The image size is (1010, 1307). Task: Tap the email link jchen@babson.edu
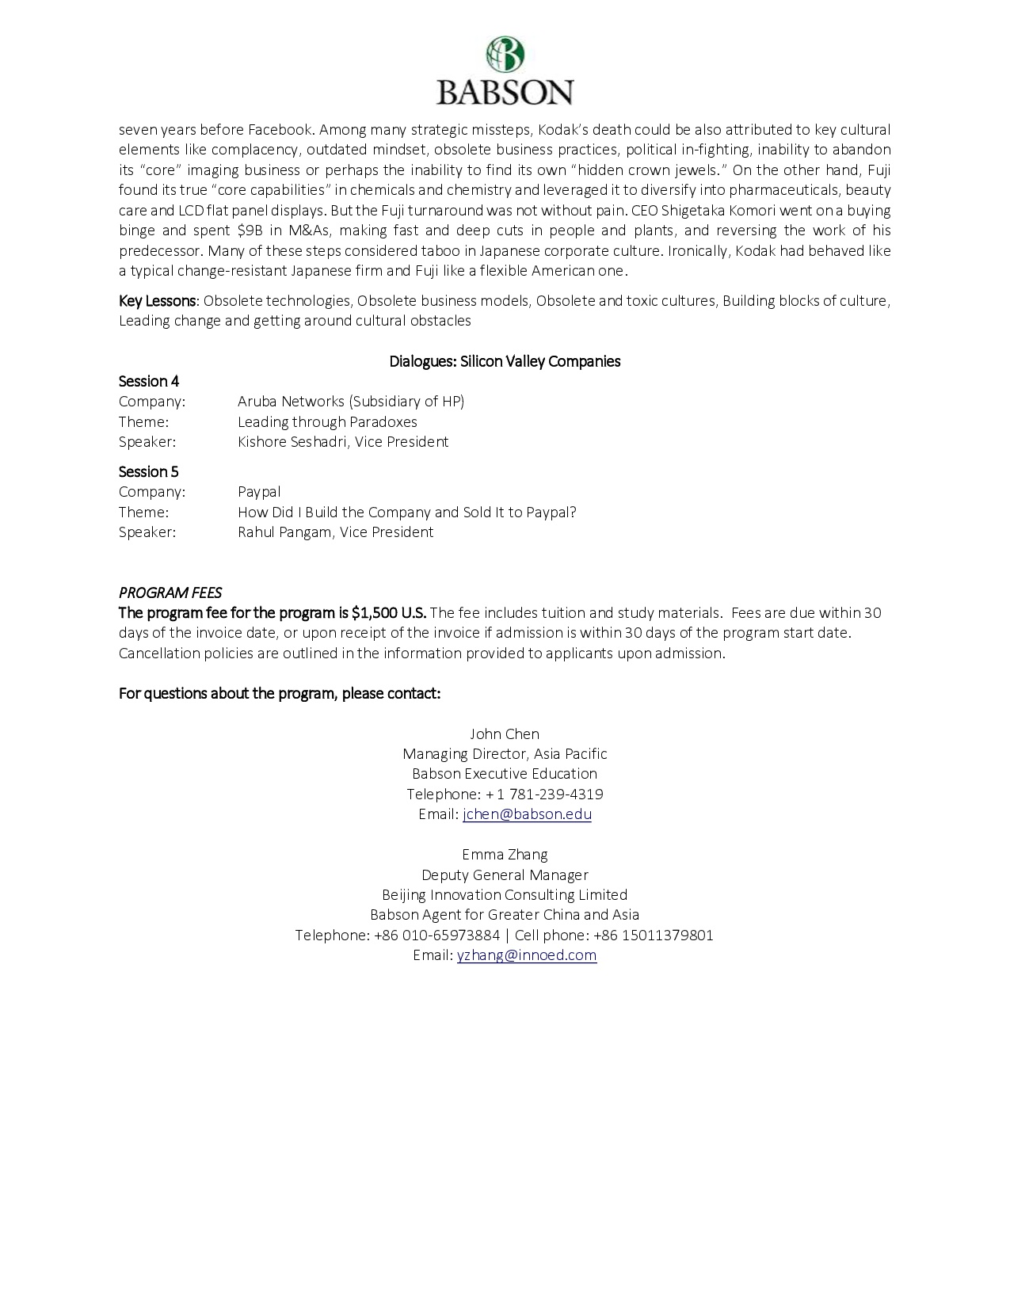tap(527, 814)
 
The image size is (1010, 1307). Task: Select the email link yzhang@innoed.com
tap(527, 955)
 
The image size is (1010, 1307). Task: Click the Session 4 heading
tap(149, 382)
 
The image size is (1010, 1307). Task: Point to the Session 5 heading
tap(149, 472)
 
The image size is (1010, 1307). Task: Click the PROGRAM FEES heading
tap(170, 593)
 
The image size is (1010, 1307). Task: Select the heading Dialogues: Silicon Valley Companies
tap(505, 362)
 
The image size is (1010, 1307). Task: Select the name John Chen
tap(505, 734)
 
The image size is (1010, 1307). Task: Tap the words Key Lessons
tap(157, 301)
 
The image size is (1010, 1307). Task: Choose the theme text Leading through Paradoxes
tap(327, 422)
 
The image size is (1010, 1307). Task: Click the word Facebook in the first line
tap(280, 130)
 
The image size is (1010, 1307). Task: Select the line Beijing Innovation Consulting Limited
tap(505, 895)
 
